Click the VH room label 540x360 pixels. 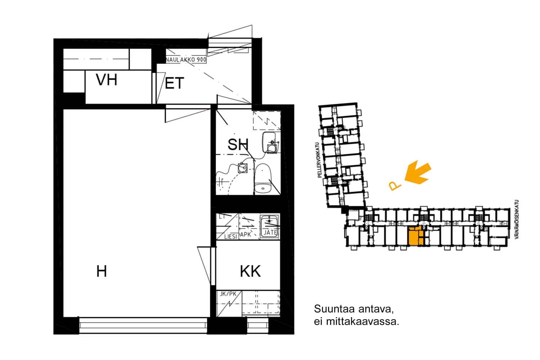107,80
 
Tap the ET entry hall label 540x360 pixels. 175,84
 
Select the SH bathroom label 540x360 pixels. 238,145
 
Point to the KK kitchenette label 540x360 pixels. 250,272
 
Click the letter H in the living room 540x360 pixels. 102,271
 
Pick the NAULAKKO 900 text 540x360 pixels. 186,60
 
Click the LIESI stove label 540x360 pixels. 230,237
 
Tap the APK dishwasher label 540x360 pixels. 246,235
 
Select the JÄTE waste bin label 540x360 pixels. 270,233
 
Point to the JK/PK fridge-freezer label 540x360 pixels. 228,294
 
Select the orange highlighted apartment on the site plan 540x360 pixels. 416,237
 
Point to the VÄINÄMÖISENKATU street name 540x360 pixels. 517,220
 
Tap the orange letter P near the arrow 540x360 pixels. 395,186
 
